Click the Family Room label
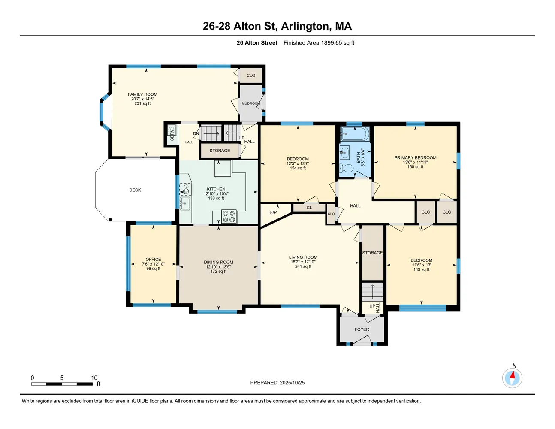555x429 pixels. [x=142, y=94]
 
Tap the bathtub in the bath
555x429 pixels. [x=355, y=134]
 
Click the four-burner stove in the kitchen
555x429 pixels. [x=229, y=216]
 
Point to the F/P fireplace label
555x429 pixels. [x=273, y=212]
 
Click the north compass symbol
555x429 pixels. [x=512, y=378]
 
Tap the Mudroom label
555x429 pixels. [x=251, y=103]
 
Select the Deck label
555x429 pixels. [x=135, y=190]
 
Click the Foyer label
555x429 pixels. [x=362, y=329]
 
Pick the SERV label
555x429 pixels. [x=172, y=135]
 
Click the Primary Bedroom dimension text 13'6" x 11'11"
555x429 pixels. [x=415, y=162]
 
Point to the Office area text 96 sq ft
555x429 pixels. [x=153, y=269]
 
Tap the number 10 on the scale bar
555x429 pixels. [x=94, y=378]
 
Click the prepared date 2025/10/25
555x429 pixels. [x=292, y=383]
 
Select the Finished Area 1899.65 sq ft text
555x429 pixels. [x=319, y=43]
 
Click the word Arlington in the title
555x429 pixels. [x=305, y=26]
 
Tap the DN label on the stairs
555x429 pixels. [x=196, y=133]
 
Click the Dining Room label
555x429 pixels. [x=218, y=262]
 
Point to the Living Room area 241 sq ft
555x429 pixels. [x=303, y=266]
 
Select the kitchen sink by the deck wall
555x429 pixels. [x=185, y=203]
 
